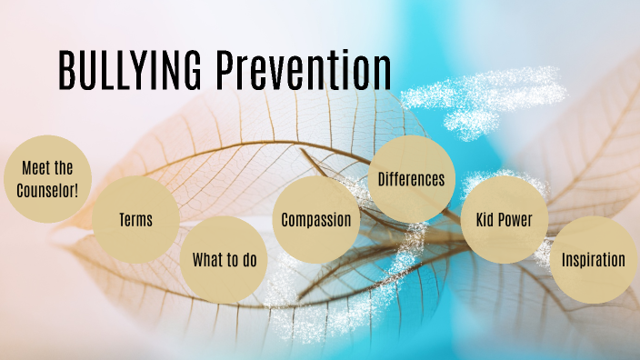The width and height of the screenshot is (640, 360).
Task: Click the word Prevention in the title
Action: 305,70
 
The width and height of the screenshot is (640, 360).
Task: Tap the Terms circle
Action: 135,220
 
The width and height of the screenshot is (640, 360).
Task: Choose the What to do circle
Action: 225,260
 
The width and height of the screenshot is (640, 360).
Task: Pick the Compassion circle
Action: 315,220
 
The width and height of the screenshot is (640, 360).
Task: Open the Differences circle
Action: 412,179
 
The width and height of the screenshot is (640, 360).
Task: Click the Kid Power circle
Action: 503,220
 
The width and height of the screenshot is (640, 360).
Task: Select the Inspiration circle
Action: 593,260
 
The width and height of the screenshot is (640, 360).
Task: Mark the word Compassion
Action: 315,220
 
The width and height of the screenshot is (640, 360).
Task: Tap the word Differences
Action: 412,179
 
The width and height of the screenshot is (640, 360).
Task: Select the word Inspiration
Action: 593,260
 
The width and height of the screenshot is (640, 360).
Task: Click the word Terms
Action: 135,220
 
